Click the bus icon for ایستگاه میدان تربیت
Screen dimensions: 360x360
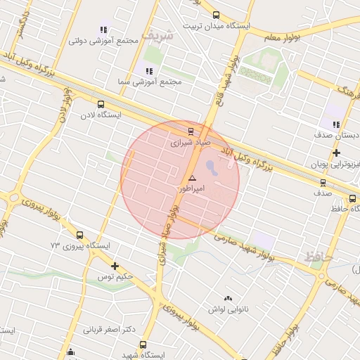click(x=215, y=15)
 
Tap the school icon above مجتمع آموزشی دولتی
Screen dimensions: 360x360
click(x=103, y=30)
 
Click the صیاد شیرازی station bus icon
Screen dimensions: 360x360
click(x=191, y=130)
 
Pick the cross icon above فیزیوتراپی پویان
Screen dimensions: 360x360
click(x=337, y=152)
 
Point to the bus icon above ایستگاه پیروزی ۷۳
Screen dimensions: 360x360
click(x=79, y=235)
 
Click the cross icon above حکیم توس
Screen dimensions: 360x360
click(x=115, y=266)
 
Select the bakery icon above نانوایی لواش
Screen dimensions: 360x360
click(x=227, y=297)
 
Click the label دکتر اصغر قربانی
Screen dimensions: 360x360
click(x=110, y=329)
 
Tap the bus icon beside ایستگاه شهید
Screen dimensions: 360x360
click(x=143, y=345)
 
